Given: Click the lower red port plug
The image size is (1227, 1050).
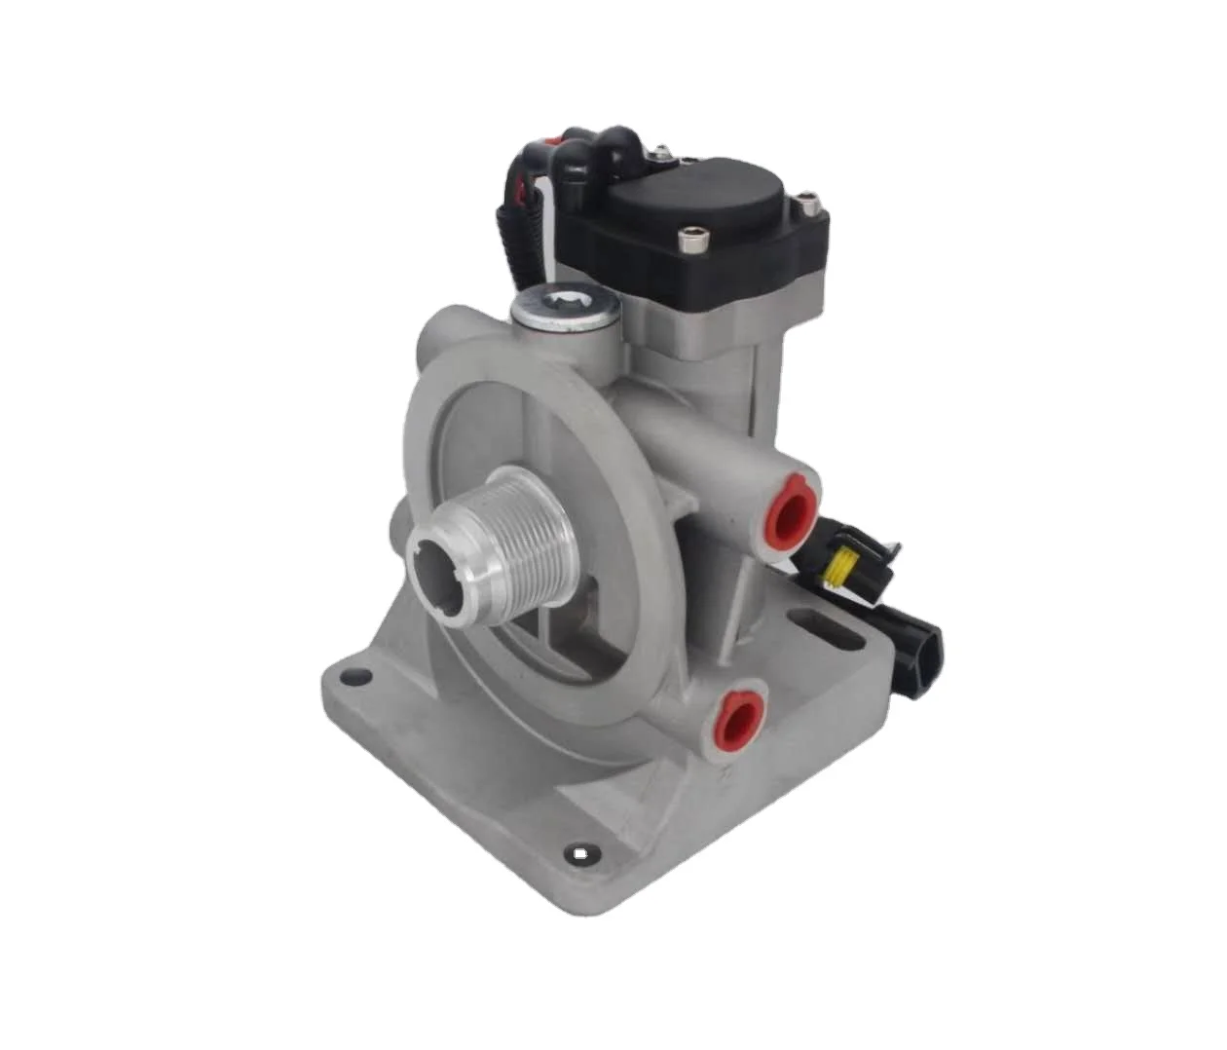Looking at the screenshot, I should (x=739, y=719).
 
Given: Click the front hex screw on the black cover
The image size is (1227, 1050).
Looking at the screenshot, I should (x=692, y=236).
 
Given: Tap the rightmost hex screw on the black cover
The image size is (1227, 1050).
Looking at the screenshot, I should (x=807, y=205).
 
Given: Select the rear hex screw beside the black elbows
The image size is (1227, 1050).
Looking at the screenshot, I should (x=662, y=152).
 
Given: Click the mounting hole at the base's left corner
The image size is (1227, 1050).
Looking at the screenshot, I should (x=358, y=676).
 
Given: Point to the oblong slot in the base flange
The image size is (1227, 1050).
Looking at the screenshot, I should (x=826, y=630).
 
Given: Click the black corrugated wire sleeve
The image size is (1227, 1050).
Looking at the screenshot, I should (x=514, y=239).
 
